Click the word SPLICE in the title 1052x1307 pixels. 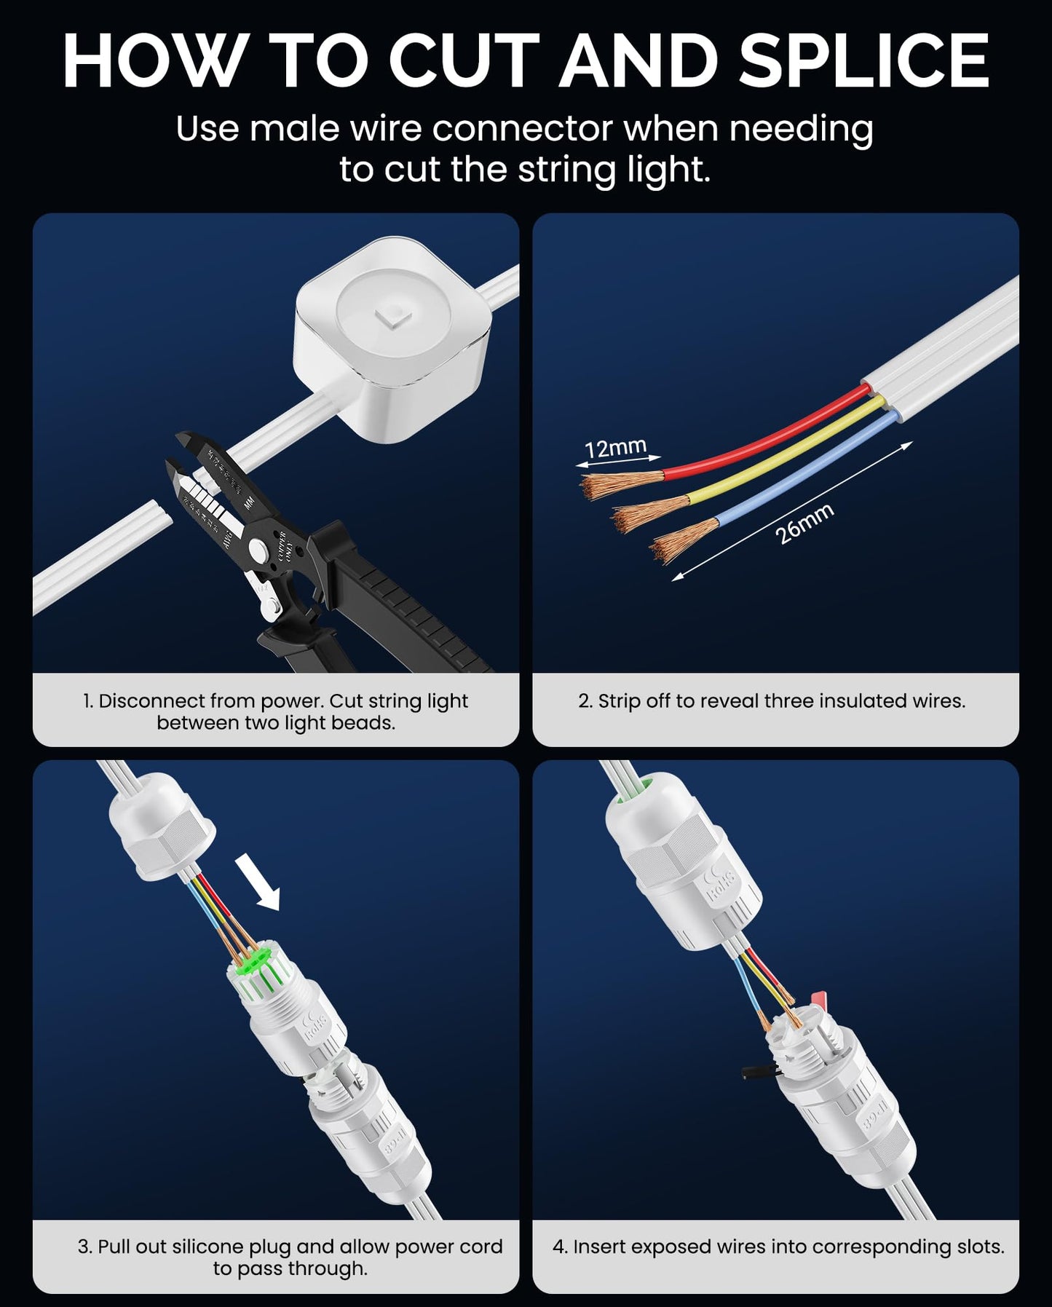[x=864, y=61]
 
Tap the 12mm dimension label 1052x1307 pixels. [x=615, y=448]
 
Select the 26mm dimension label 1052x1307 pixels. [x=804, y=524]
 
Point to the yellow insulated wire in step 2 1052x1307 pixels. [x=786, y=456]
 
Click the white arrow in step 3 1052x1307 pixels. [x=259, y=883]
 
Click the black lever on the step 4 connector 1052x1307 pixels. [x=757, y=1073]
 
